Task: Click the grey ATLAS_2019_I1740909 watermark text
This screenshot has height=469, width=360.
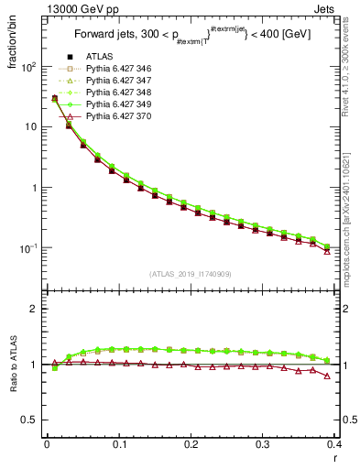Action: coord(191,274)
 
